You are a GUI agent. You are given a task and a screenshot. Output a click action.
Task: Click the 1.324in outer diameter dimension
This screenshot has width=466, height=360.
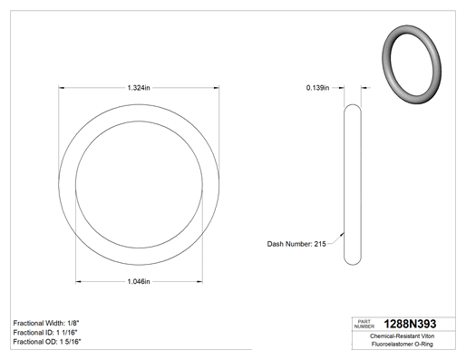click(139, 88)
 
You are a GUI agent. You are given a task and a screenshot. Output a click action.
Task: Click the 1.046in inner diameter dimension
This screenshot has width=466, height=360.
click(139, 282)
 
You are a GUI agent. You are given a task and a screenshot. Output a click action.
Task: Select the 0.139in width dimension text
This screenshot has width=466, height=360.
click(317, 88)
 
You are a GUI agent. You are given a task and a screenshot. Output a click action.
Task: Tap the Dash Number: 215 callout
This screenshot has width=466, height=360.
click(296, 244)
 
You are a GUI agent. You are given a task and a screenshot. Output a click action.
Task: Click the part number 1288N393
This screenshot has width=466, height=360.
click(410, 324)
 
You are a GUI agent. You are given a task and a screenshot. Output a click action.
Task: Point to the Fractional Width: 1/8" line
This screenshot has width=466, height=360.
click(46, 323)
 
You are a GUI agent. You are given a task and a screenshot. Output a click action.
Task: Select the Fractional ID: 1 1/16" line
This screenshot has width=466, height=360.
click(45, 333)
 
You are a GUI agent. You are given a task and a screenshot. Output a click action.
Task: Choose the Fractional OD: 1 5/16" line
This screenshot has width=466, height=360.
click(47, 342)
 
